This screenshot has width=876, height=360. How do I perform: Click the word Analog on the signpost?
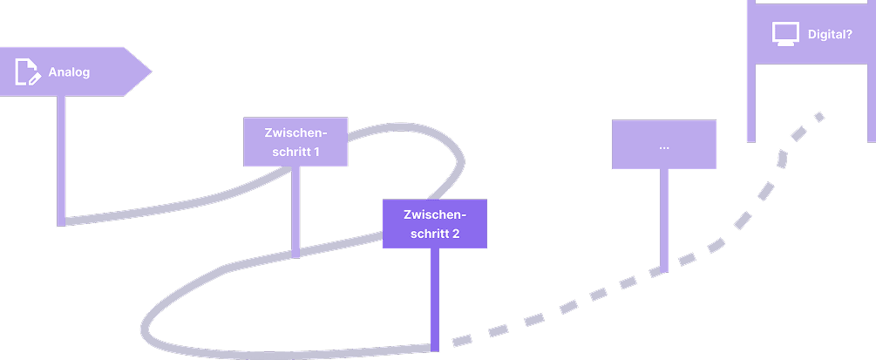pyautogui.click(x=69, y=72)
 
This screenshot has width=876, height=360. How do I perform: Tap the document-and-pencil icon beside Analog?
pyautogui.click(x=28, y=71)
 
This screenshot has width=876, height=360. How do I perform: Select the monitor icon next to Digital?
pyautogui.click(x=785, y=34)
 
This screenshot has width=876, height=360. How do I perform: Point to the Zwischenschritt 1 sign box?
pyautogui.click(x=295, y=141)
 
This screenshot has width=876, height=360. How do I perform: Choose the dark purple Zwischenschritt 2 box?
pyautogui.click(x=434, y=223)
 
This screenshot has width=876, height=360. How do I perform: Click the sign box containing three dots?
pyautogui.click(x=663, y=145)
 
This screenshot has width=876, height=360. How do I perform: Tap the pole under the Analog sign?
pyautogui.click(x=61, y=157)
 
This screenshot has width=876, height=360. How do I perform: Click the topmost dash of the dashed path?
pyautogui.click(x=818, y=116)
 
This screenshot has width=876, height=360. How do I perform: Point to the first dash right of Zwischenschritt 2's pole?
pyautogui.click(x=459, y=339)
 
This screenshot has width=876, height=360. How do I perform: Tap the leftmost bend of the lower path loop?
pyautogui.click(x=145, y=331)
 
